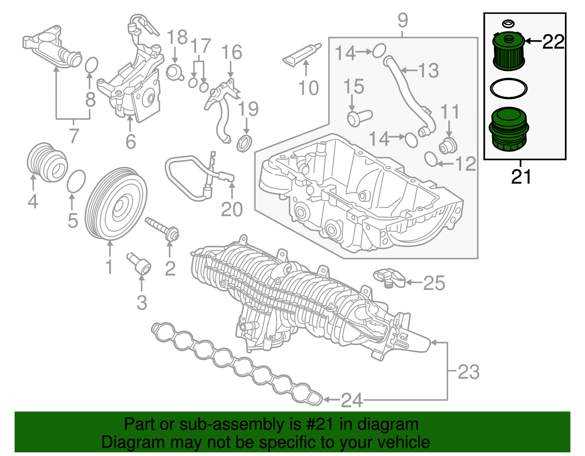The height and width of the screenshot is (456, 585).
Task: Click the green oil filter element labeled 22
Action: pyautogui.click(x=509, y=52)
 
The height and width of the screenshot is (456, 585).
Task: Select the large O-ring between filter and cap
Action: pyautogui.click(x=509, y=88)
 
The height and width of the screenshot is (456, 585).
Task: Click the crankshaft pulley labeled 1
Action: pyautogui.click(x=116, y=204)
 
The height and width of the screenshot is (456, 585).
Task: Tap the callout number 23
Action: pyautogui.click(x=468, y=372)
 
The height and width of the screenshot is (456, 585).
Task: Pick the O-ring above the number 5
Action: pyautogui.click(x=76, y=181)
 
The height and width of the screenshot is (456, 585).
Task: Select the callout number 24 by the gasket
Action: pyautogui.click(x=351, y=400)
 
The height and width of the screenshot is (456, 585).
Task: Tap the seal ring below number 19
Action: pyautogui.click(x=245, y=143)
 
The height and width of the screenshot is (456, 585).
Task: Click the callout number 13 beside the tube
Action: pyautogui.click(x=429, y=70)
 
